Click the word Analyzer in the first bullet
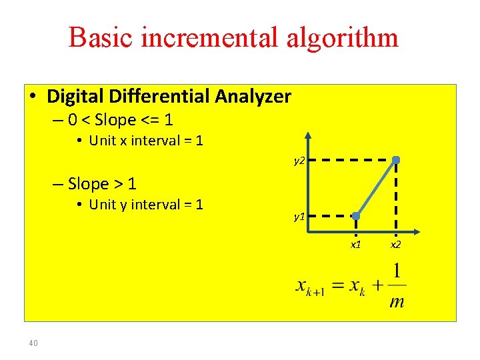(253, 97)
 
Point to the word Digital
(71, 97)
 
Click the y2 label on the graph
(299, 161)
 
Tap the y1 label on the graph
(299, 217)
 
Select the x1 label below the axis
(356, 245)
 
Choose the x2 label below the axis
(396, 245)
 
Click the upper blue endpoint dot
(396, 160)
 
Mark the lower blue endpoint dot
(356, 216)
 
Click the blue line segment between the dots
(376, 188)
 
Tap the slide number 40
(33, 343)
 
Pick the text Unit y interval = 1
(145, 205)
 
